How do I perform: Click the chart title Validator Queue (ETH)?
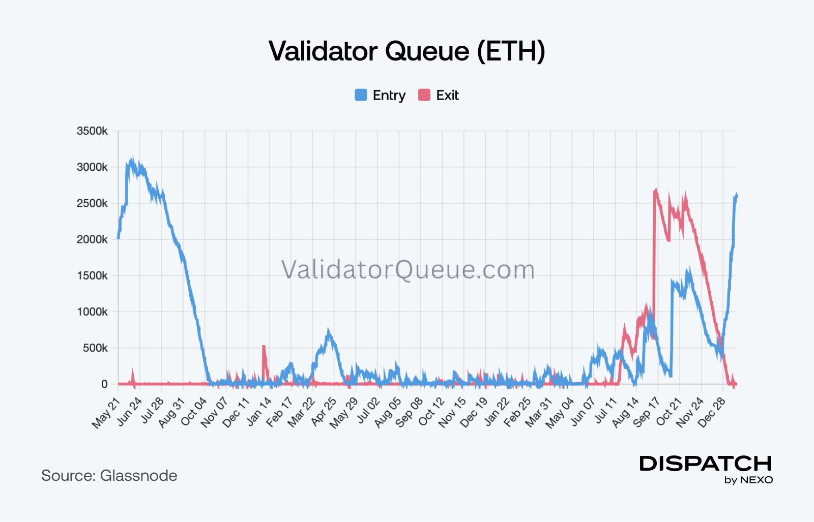point(406,51)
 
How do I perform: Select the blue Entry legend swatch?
point(361,95)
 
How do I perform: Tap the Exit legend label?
point(447,96)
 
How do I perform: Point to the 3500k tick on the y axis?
point(92,131)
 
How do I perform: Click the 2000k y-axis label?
point(92,239)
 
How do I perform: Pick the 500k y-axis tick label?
point(95,348)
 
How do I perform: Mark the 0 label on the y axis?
point(104,384)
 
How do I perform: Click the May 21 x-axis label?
point(106,413)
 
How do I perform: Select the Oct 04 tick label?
point(193,412)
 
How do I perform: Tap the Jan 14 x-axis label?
point(258,412)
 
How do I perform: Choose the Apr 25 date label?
point(324,412)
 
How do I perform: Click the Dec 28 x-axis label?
point(712,412)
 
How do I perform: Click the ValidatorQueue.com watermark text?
point(408,269)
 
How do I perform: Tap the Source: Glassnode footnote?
point(109,476)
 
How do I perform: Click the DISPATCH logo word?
point(706,464)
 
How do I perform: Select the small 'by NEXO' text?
point(748,480)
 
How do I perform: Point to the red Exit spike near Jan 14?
point(264,347)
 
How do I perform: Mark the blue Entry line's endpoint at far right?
point(737,195)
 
